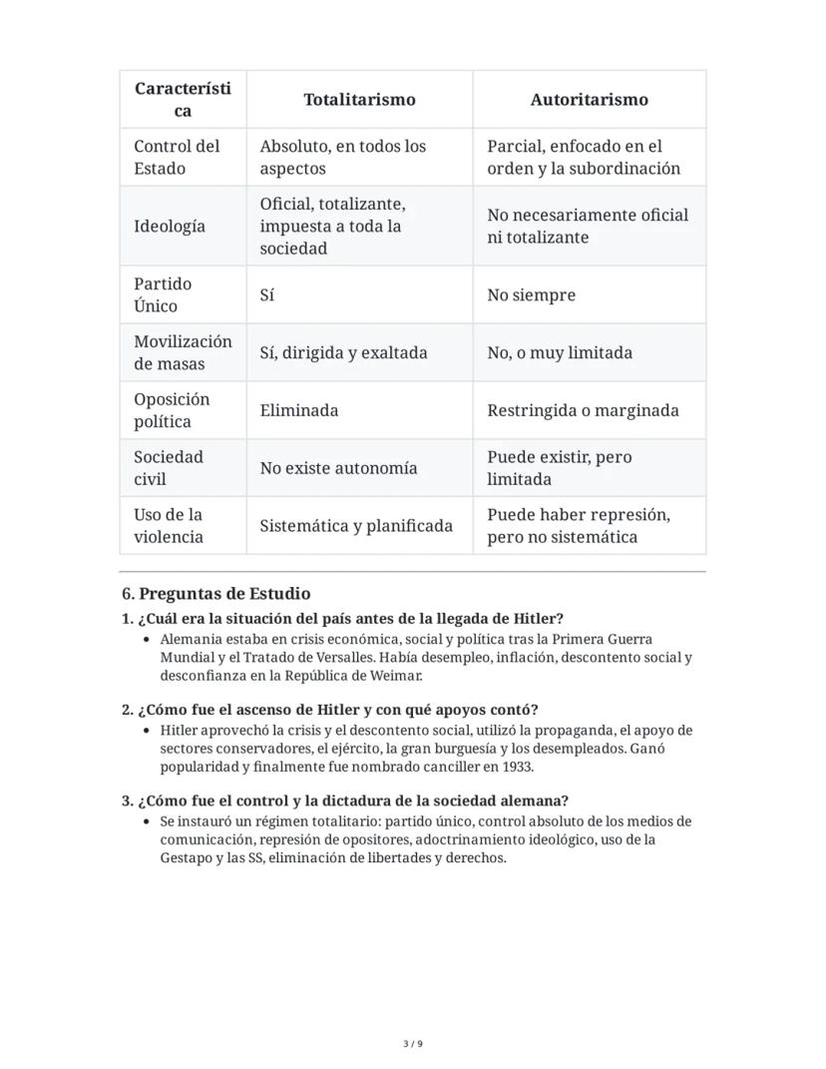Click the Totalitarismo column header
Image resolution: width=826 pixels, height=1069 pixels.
(359, 100)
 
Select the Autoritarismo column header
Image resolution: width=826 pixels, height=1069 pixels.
(589, 100)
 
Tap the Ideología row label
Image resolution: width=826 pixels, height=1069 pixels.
(170, 226)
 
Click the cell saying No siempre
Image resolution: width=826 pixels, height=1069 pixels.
(531, 295)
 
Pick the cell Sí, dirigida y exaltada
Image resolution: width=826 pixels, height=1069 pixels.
(343, 352)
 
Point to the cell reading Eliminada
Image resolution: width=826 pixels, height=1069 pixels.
(299, 410)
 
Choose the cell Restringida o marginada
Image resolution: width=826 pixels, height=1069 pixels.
(583, 410)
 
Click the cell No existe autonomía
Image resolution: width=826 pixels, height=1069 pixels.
(338, 468)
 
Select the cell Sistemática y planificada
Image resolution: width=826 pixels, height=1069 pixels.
(356, 526)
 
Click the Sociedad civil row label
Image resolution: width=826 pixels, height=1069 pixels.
(169, 468)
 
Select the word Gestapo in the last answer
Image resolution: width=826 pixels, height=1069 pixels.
(186, 857)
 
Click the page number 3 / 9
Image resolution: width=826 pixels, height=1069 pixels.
(413, 1044)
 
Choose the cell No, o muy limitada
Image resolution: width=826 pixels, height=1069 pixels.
(560, 352)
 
